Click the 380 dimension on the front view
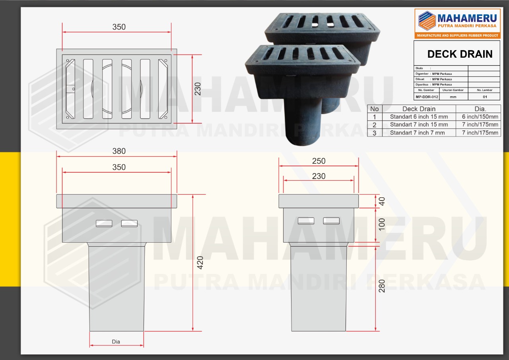click(x=119, y=151)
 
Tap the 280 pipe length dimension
click(x=382, y=286)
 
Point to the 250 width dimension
click(x=319, y=161)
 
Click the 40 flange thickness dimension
click(x=382, y=201)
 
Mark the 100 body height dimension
click(x=382, y=225)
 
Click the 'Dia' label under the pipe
click(x=116, y=341)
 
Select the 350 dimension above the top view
click(x=119, y=27)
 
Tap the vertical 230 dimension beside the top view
click(x=198, y=89)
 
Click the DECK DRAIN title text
click(x=460, y=54)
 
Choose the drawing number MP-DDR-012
click(x=427, y=97)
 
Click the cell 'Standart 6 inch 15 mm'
click(x=419, y=117)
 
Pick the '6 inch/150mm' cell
click(x=480, y=117)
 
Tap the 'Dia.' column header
click(x=480, y=109)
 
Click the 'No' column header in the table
click(x=374, y=109)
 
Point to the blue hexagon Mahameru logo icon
click(x=426, y=21)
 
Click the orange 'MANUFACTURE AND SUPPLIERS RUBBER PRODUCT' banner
click(x=457, y=35)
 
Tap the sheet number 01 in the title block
click(x=484, y=97)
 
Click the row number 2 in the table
click(x=374, y=125)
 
